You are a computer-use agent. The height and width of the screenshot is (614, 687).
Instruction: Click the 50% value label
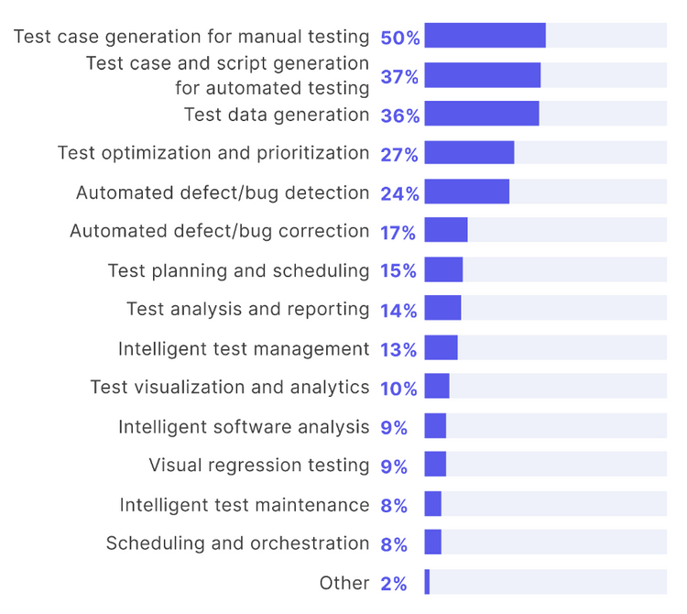[400, 38]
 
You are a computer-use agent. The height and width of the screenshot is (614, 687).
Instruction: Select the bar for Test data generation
[482, 114]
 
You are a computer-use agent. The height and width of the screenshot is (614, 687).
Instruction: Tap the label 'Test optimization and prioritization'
[213, 153]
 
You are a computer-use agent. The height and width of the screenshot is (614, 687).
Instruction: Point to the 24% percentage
[400, 193]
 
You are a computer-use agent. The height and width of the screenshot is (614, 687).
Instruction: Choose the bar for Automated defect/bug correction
[446, 230]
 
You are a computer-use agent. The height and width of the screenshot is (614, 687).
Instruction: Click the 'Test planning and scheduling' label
[238, 270]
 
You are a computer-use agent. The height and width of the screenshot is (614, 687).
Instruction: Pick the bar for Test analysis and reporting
[442, 309]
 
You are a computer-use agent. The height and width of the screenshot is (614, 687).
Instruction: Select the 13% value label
[398, 349]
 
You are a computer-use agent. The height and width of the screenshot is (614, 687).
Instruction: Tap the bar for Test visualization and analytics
[437, 387]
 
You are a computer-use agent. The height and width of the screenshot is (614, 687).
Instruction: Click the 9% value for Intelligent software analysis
[394, 427]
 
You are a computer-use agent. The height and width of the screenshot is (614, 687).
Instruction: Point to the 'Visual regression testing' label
[259, 466]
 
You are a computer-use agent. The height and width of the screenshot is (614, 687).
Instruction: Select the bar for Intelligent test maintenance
[433, 504]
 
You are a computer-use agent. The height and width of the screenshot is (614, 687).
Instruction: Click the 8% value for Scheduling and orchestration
[394, 544]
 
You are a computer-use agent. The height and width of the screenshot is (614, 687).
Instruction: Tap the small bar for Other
[427, 582]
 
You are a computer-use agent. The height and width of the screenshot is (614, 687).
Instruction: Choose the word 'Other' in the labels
[344, 583]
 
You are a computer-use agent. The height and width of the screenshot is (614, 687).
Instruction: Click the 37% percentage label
[399, 77]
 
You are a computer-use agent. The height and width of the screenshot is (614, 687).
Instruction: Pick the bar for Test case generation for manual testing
[485, 36]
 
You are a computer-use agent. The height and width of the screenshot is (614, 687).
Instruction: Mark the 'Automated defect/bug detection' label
[223, 193]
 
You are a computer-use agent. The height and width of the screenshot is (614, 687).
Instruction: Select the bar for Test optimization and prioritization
[469, 152]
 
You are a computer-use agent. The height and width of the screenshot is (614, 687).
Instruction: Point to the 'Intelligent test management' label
[244, 349]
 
